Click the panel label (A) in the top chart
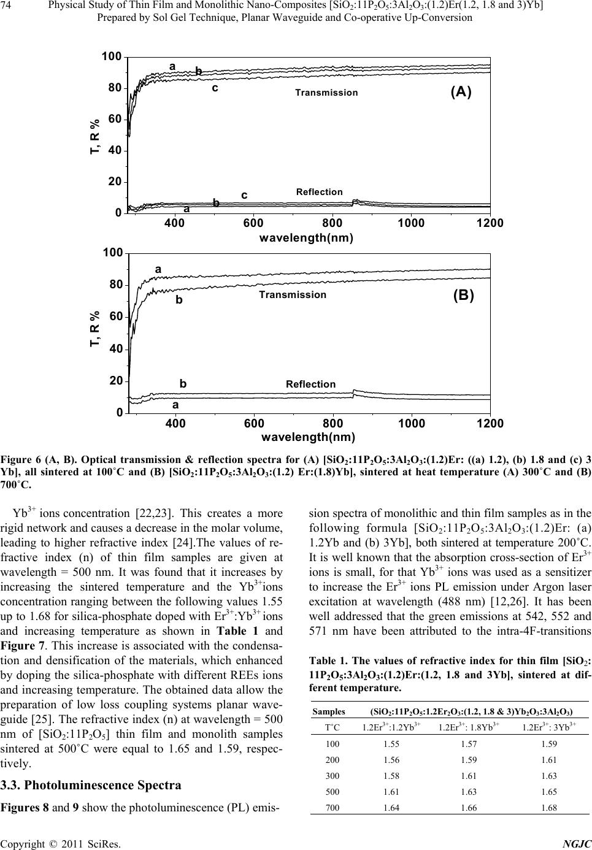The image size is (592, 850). coord(461,92)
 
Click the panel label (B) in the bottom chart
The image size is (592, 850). coord(463,295)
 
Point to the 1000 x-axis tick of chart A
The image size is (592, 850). coord(411,223)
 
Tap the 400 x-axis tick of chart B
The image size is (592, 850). coord(175,424)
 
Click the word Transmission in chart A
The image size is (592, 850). coord(326,93)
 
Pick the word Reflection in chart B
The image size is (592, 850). coord(310,385)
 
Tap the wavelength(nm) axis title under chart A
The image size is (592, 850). coord(309,237)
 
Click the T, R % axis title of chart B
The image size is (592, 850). coord(94,337)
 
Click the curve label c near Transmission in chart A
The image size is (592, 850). coord(215,88)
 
